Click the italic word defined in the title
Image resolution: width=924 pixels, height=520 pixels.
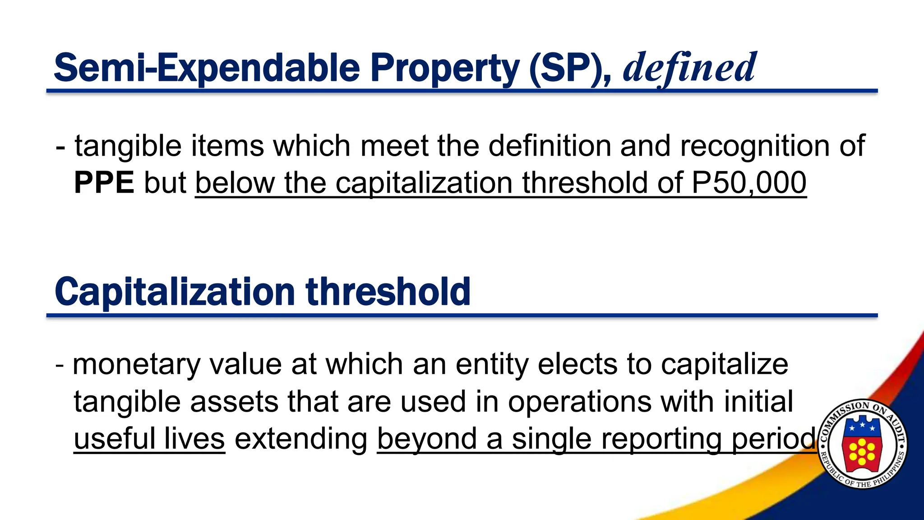click(689, 68)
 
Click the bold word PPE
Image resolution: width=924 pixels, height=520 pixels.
click(104, 183)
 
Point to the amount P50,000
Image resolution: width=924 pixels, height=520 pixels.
click(749, 183)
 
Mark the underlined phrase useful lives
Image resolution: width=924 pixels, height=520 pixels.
click(149, 439)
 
